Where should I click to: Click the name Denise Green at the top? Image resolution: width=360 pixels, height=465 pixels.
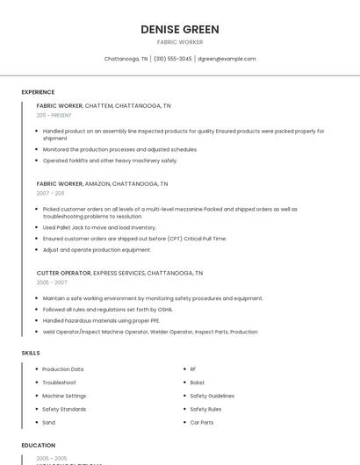click(x=179, y=30)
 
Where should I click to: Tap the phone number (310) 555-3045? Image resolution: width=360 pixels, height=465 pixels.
click(x=174, y=59)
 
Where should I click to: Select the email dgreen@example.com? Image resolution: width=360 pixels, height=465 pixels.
click(x=227, y=59)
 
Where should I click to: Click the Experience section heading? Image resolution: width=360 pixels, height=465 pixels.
click(x=38, y=92)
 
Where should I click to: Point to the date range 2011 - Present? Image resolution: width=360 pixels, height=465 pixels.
click(x=54, y=115)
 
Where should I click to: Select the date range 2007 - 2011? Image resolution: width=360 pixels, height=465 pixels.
click(x=50, y=193)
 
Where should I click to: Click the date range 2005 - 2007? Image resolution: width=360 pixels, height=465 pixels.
click(x=52, y=283)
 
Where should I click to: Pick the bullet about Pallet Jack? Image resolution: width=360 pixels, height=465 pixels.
click(x=87, y=227)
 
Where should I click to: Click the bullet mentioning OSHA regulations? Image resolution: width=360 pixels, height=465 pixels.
click(x=107, y=310)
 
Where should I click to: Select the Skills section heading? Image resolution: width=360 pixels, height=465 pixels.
click(x=31, y=353)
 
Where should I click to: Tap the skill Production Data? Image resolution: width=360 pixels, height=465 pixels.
click(x=63, y=369)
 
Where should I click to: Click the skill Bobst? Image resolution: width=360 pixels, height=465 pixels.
click(x=197, y=383)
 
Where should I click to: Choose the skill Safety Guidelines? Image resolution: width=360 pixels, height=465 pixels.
click(x=212, y=396)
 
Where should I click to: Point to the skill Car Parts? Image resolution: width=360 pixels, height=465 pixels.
click(x=201, y=422)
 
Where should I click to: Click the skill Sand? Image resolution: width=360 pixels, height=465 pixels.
click(x=48, y=422)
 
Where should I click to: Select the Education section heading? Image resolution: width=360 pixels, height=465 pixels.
click(x=38, y=446)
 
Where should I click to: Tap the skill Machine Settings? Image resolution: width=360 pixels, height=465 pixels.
click(x=64, y=396)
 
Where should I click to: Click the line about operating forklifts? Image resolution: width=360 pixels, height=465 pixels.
click(x=110, y=161)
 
